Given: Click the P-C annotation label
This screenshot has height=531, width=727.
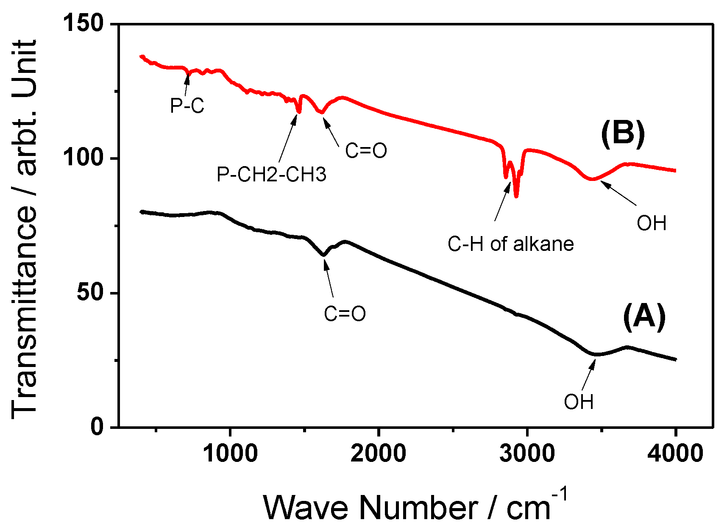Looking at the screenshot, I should coord(187,106).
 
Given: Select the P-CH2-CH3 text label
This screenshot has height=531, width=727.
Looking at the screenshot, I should coord(271,174).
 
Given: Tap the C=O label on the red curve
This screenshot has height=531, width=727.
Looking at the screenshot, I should coord(366,150).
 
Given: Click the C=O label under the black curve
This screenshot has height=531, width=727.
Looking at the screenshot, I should coord(345,314).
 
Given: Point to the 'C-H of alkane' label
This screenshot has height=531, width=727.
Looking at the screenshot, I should coord(510,244).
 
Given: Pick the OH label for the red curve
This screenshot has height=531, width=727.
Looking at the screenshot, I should coord(652,223).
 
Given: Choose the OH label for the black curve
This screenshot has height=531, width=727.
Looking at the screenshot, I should coord(579,402).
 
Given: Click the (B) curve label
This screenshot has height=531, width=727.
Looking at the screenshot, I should coord(623,133).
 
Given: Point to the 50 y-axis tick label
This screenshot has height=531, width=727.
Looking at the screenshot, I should coord(90,293).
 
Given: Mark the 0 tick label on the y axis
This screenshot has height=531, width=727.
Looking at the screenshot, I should coord(97,426).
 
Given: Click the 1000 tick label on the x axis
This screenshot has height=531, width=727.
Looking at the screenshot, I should coord(230,453).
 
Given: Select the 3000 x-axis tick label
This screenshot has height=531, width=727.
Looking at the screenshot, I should coord(527,453).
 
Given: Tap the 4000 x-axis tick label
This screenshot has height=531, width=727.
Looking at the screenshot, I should coord(675,453).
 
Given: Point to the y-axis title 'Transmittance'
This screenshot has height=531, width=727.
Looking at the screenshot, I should coord(25,229).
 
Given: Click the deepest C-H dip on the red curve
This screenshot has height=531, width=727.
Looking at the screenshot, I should coord(516,196).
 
